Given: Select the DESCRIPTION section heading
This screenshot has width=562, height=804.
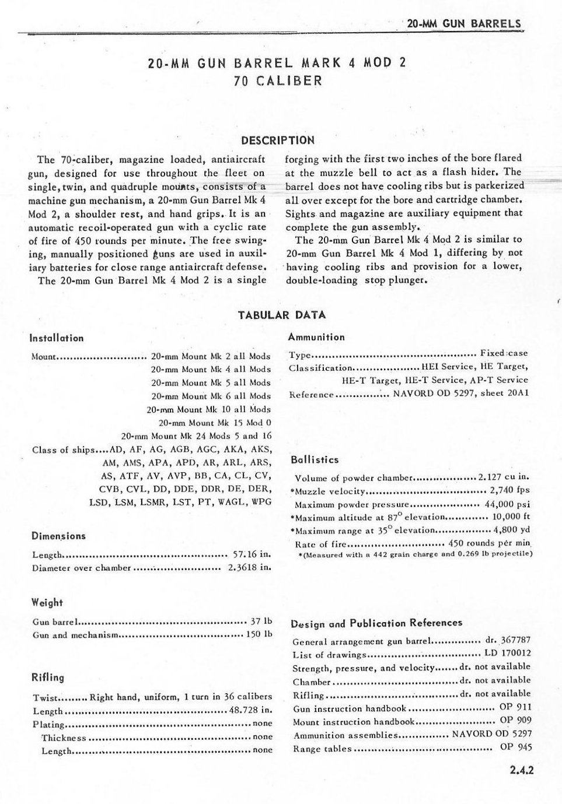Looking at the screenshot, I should click(x=277, y=141).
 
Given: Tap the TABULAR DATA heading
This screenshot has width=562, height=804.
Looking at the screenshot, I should click(x=282, y=315).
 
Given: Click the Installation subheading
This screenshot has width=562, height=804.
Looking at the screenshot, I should click(x=57, y=338).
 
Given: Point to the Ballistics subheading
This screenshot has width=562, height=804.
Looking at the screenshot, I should click(x=315, y=460).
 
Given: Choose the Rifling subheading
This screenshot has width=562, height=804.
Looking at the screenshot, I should click(x=48, y=677).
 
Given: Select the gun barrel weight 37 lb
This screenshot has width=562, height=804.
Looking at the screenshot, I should click(x=261, y=622).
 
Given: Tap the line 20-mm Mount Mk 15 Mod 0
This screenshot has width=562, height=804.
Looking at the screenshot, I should click(x=215, y=423).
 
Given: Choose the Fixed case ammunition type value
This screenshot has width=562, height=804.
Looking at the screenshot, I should click(x=504, y=353).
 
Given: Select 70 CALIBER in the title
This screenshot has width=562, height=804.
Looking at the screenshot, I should click(x=277, y=80).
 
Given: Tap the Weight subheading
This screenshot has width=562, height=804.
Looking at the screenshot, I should click(x=47, y=603).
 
